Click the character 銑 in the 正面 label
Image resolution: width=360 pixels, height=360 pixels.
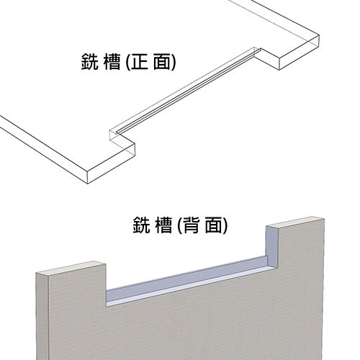pos(90,61)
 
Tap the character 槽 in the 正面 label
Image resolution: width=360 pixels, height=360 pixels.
pos(112,61)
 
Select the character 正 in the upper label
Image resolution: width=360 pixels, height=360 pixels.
pos(140,61)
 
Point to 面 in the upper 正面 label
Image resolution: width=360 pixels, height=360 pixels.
pos(162,61)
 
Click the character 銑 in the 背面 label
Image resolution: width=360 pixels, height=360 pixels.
pos(141,225)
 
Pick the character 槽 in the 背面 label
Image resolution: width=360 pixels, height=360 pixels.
pos(164,225)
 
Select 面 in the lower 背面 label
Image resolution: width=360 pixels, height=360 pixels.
pos(214,225)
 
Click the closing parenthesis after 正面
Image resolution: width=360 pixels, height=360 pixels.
pos(174,62)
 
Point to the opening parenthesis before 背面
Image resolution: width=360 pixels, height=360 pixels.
pos(180,225)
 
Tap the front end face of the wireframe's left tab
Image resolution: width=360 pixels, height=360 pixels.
pos(111,163)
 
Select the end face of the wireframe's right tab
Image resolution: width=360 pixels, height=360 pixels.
pos(299,53)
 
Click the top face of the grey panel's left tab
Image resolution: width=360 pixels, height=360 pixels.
pos(71,269)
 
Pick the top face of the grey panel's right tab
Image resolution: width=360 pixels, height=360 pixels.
pos(296,222)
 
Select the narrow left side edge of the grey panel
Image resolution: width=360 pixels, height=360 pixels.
pos(42,317)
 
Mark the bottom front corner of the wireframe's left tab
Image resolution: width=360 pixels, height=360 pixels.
pos(87,184)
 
